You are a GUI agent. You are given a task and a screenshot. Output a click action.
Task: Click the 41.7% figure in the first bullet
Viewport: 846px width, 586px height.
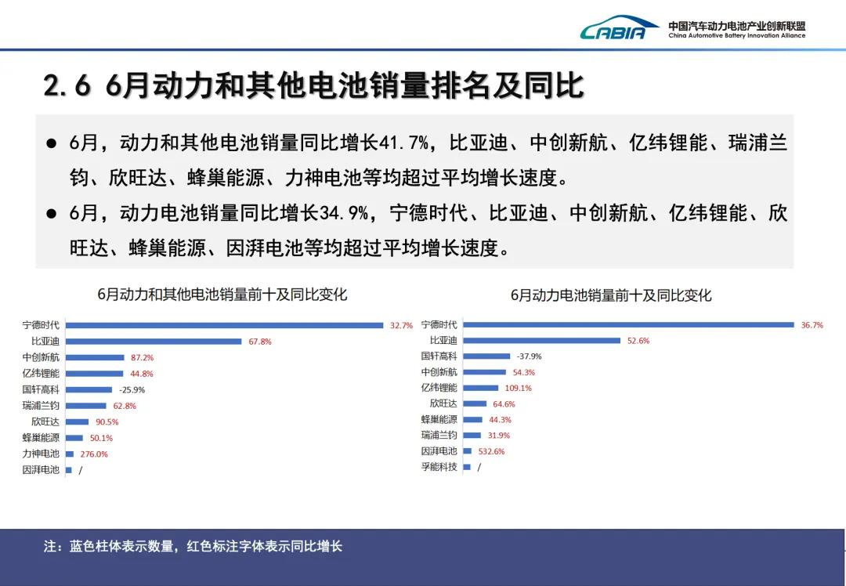(404, 143)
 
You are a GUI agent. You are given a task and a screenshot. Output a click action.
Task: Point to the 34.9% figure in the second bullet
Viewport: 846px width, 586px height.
(344, 213)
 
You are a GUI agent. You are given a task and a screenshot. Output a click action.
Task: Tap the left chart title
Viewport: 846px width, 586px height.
(222, 295)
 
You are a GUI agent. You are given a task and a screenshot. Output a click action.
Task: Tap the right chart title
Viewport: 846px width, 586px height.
(611, 295)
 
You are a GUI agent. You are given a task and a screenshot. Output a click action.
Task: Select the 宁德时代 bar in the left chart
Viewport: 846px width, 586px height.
(225, 325)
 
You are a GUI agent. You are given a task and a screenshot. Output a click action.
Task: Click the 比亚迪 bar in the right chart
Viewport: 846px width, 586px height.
(542, 341)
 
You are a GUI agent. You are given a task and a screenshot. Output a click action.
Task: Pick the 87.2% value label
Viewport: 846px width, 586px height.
(143, 358)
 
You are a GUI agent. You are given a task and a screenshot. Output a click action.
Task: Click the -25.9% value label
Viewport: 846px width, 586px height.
(132, 389)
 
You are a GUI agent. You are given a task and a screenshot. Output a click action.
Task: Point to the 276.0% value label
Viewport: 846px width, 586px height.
(94, 454)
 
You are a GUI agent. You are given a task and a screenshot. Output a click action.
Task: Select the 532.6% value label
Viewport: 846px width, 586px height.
(491, 451)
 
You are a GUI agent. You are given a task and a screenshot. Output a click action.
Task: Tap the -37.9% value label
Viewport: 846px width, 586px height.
(530, 356)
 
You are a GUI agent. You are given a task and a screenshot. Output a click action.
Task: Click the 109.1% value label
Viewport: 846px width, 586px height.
(519, 388)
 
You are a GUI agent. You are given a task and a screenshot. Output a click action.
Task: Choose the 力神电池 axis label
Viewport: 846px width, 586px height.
(41, 454)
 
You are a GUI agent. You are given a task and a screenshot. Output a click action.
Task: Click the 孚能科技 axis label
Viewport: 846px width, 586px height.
(439, 467)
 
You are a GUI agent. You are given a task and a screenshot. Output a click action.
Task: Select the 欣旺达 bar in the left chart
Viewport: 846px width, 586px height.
(77, 422)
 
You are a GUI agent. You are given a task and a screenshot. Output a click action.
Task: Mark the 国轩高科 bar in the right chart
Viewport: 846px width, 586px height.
(486, 356)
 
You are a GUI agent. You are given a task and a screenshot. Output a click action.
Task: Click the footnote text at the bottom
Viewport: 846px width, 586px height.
(193, 546)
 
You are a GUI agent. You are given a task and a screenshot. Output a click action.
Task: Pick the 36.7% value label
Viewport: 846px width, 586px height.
(812, 325)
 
